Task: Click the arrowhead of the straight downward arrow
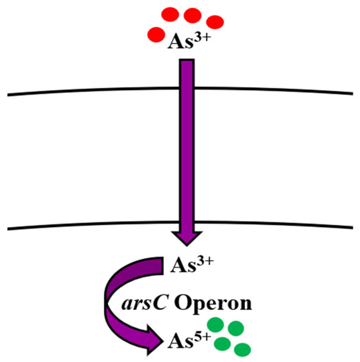[186, 242]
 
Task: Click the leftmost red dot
[155, 34]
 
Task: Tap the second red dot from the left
[169, 14]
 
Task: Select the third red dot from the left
[192, 15]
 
